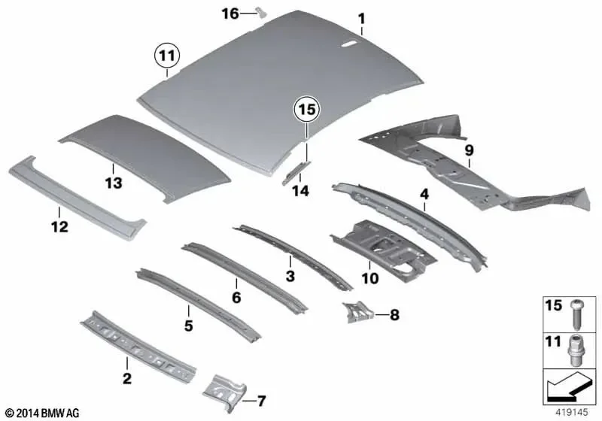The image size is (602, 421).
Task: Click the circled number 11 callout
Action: click(x=167, y=56)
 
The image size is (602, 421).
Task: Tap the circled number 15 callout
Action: click(x=307, y=110)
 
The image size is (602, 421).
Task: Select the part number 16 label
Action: click(x=230, y=14)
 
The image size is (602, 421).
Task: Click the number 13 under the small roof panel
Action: click(x=114, y=183)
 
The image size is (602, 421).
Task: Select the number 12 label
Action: click(x=59, y=226)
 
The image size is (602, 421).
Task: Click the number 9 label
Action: click(x=469, y=150)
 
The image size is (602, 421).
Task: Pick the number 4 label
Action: click(x=424, y=195)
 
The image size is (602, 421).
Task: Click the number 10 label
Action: click(x=369, y=278)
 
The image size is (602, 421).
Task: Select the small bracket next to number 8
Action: click(x=358, y=312)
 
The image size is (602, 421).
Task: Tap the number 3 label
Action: click(x=290, y=275)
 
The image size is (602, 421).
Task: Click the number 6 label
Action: click(x=236, y=297)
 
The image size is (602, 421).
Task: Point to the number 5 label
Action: click(x=188, y=326)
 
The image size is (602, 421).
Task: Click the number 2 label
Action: click(x=126, y=378)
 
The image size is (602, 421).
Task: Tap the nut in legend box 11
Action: click(x=575, y=350)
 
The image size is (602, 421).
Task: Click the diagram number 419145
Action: click(x=571, y=412)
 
